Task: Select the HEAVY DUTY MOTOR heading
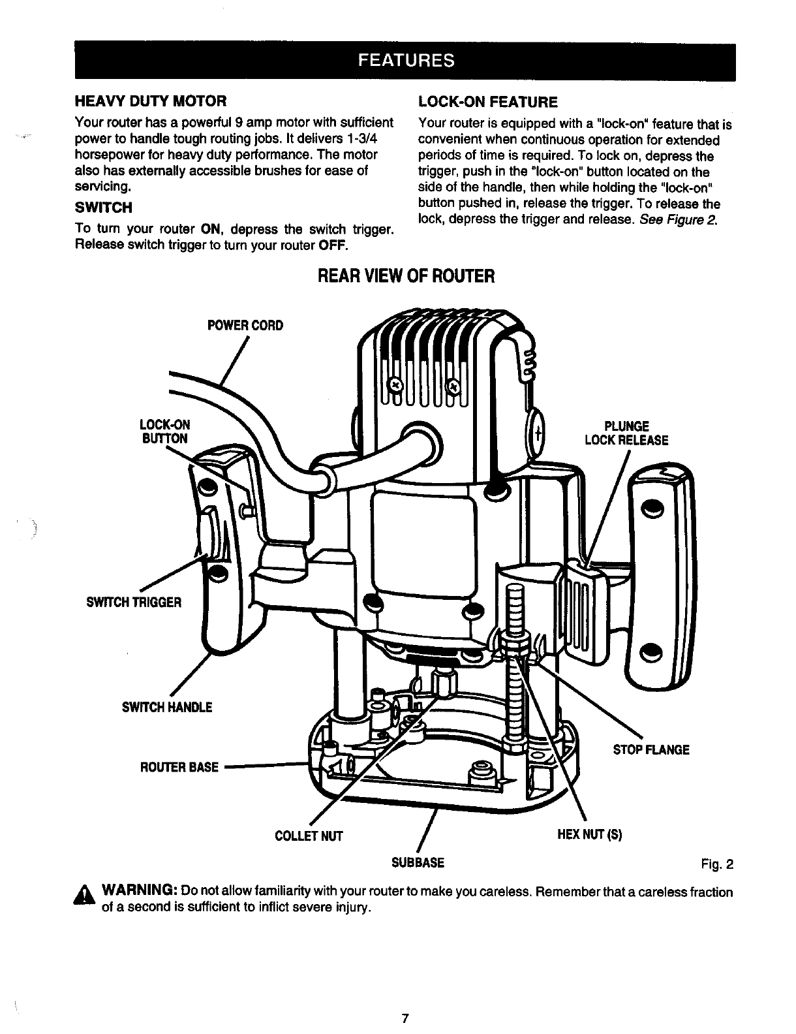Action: pos(151,101)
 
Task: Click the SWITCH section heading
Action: pos(104,208)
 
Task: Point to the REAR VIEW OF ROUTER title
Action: pos(405,276)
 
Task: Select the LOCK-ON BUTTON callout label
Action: pos(166,431)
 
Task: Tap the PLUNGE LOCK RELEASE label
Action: pos(626,433)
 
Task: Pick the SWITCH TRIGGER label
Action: pos(134,602)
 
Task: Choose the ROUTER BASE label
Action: pos(179,767)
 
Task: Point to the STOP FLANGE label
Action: pos(651,749)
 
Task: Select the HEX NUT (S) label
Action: pos(590,835)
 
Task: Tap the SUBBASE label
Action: pos(418,862)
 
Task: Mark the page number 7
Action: pos(405,1018)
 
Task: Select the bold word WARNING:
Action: pos(140,891)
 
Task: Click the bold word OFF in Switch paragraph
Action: pos(337,245)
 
